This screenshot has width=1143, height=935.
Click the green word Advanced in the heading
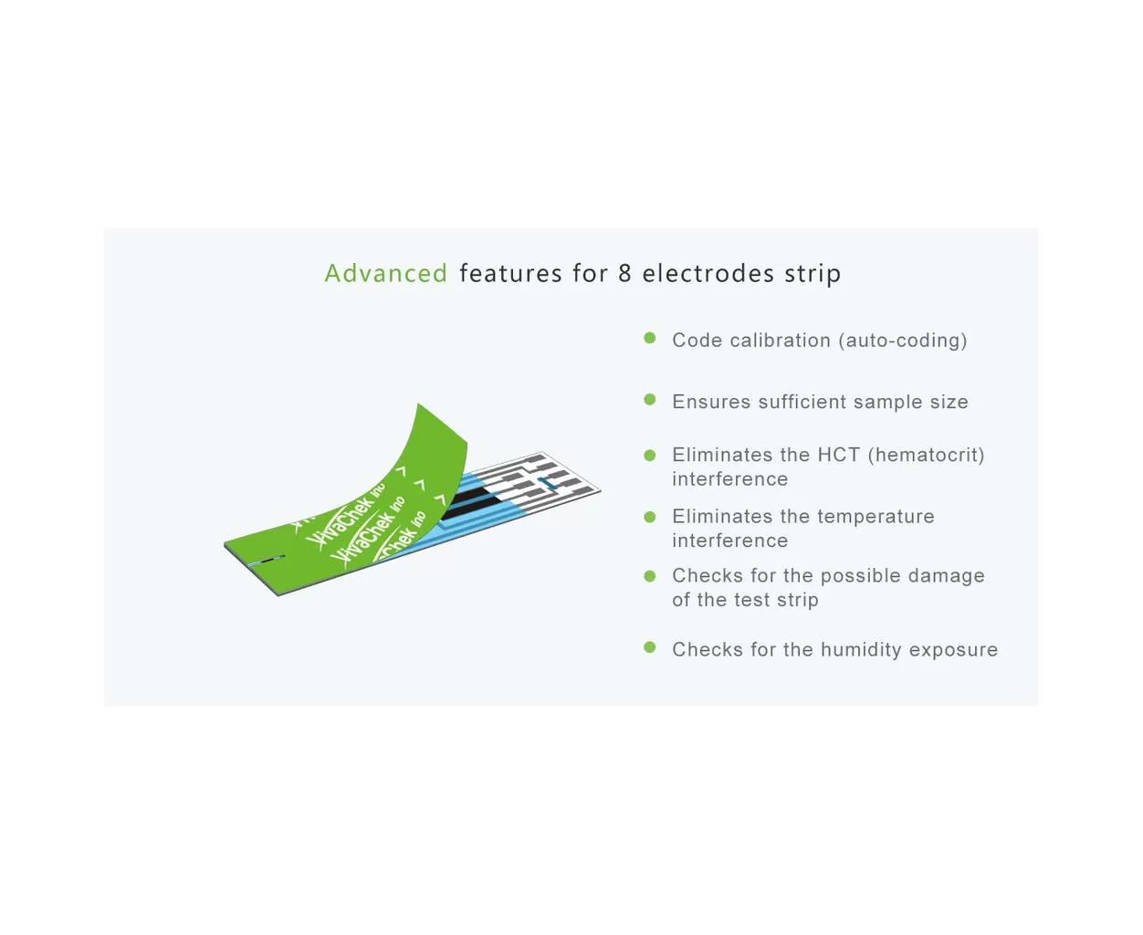(385, 273)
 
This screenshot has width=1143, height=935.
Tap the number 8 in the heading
(624, 273)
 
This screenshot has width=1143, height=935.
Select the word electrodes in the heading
(708, 273)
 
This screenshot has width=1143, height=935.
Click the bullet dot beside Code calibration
(649, 338)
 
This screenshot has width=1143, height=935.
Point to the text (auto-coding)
(902, 341)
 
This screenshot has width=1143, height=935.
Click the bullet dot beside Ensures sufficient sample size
(649, 400)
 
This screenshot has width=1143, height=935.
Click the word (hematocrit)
(927, 455)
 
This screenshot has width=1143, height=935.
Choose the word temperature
(876, 517)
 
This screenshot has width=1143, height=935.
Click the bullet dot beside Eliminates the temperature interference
(649, 517)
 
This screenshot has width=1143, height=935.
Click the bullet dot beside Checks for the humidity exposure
(649, 647)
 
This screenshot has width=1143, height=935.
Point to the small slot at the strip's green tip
(266, 560)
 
